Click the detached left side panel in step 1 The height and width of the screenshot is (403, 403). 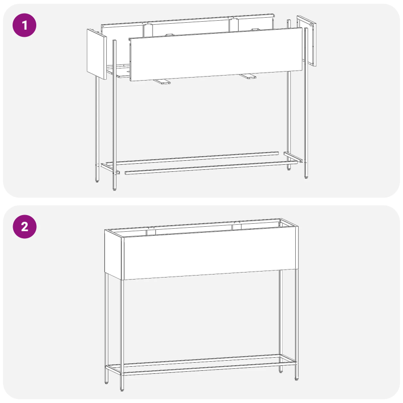(x=95, y=53)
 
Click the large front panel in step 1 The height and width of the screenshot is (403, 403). (x=217, y=53)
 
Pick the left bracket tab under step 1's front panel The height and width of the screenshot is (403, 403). (x=162, y=82)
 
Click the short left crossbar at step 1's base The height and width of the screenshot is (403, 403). (x=110, y=168)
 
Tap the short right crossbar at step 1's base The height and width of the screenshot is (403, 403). (x=294, y=157)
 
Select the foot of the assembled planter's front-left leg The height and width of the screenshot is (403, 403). (x=121, y=389)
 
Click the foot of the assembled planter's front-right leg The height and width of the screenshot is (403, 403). (x=296, y=377)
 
